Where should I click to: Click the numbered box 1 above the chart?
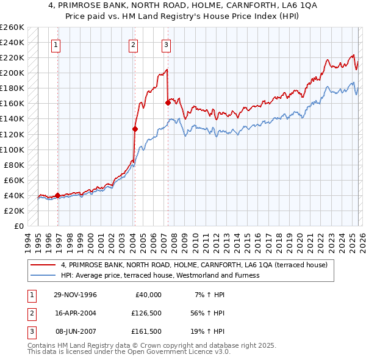[56, 44]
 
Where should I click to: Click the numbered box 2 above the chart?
[133, 44]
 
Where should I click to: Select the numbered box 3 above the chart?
[166, 44]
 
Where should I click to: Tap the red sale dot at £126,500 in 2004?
[135, 129]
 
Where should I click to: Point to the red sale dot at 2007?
[168, 103]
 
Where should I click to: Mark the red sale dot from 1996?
[57, 195]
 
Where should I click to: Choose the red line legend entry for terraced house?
[194, 265]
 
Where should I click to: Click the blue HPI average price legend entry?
[160, 275]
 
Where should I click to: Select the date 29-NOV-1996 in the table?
[76, 295]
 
